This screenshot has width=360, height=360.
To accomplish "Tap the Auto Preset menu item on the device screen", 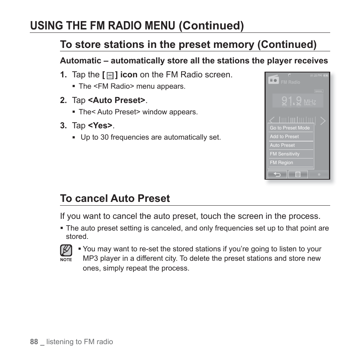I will [282, 145].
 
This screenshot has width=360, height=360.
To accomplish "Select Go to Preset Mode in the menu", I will [289, 128].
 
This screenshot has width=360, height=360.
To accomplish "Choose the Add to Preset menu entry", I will [284, 137].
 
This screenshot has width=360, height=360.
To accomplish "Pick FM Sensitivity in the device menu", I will [285, 154].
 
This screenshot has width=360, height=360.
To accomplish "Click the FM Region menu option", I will [281, 163].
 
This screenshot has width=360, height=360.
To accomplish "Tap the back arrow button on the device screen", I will [277, 174].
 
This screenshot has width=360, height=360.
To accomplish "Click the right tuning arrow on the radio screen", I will [323, 121].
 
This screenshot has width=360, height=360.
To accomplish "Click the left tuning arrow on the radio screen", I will [272, 121].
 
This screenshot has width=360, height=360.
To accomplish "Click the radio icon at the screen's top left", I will [273, 80].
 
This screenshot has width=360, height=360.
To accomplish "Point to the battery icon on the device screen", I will [326, 75].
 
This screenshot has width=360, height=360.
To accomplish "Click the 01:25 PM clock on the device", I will [316, 75].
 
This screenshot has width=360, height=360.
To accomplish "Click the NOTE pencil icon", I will [66, 250].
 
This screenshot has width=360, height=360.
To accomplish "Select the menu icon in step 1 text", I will [110, 75].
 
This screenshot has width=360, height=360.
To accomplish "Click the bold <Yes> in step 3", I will [100, 126].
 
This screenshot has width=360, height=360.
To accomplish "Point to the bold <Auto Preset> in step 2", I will [117, 100].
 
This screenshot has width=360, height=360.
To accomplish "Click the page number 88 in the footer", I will [34, 342].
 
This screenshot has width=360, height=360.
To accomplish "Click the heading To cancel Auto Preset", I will [115, 198].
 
